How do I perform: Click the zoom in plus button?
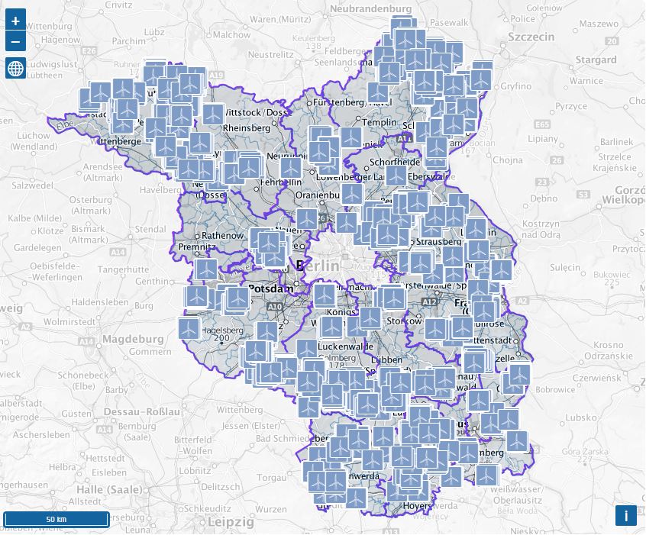tap(15, 21)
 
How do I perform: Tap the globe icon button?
tap(15, 68)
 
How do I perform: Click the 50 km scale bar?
tap(57, 519)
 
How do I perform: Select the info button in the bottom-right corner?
tap(625, 516)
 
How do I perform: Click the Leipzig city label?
tap(231, 522)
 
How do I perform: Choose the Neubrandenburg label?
tap(370, 8)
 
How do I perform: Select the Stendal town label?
tap(150, 228)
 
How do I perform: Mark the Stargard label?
tap(596, 60)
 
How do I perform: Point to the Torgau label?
tap(272, 478)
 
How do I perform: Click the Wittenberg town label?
tap(239, 410)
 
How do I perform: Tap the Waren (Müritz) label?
tap(285, 18)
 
